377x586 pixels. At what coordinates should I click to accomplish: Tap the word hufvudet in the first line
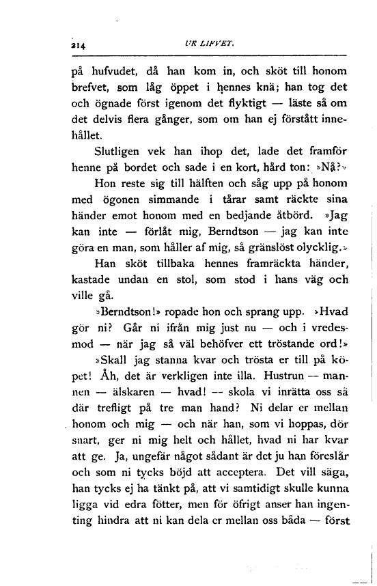point(113,70)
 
